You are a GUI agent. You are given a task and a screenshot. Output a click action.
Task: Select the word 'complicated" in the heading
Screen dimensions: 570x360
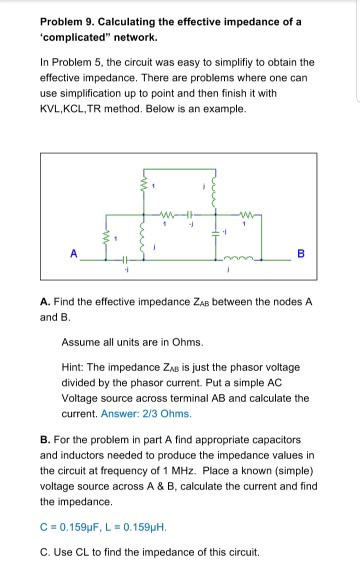71,37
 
